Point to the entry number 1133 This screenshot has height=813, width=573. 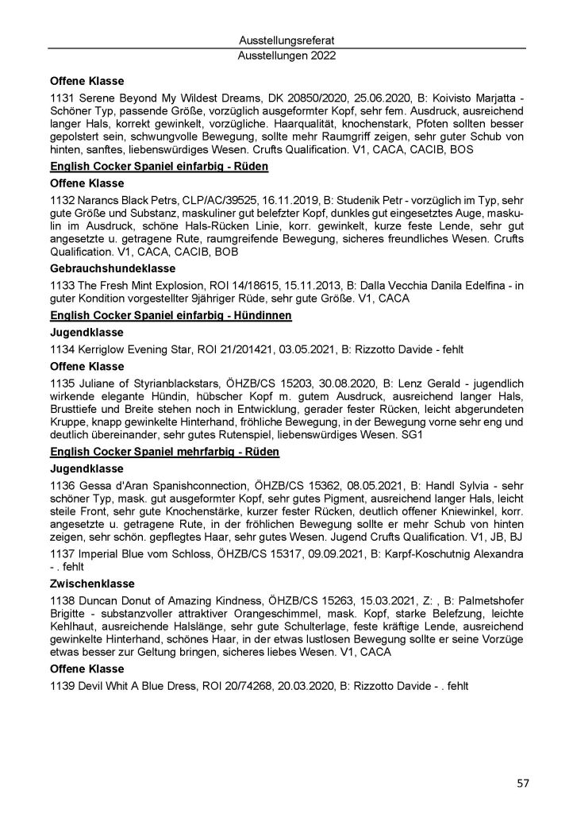[62, 283]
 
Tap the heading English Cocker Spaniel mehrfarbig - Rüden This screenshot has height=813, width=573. [158, 452]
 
